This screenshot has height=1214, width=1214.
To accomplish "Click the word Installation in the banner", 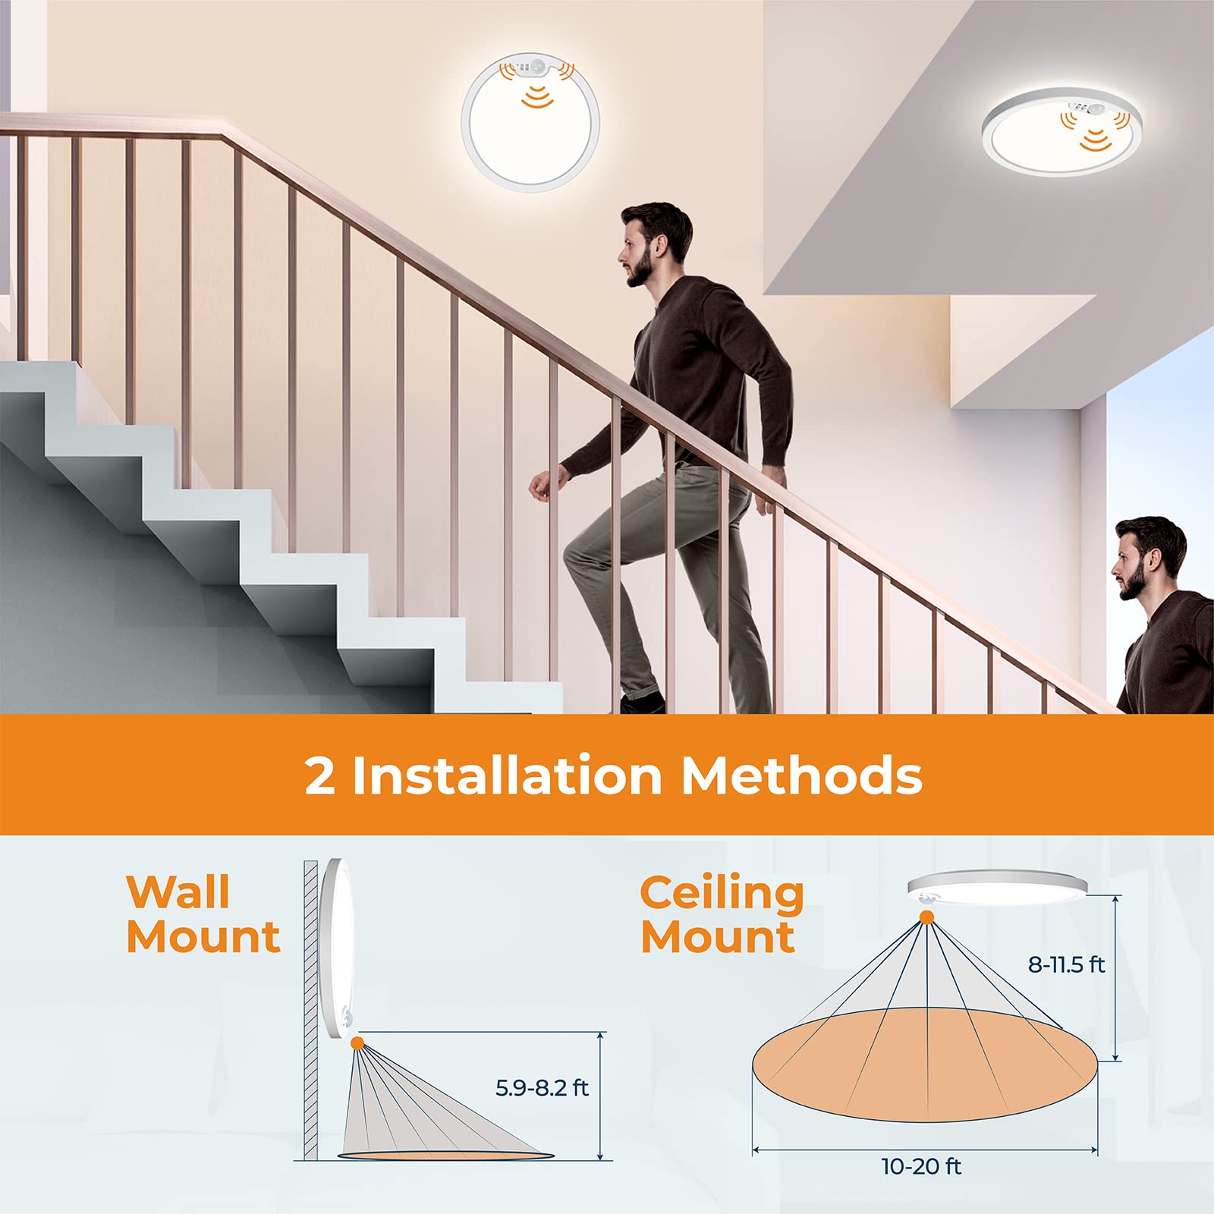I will (x=508, y=775).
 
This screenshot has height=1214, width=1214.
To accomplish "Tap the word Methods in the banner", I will (x=801, y=775).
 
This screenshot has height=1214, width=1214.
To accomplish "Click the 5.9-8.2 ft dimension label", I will (x=542, y=1088).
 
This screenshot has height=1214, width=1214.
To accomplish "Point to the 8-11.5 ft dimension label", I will (x=1066, y=964).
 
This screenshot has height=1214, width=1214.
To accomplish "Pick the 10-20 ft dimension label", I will (x=921, y=1166).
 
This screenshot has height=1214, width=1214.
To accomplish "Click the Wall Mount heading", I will (x=203, y=914).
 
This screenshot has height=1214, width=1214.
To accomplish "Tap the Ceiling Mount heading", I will (x=722, y=914).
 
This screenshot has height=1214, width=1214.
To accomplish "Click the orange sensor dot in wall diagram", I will (x=357, y=1043).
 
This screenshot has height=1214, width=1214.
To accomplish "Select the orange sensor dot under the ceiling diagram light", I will (x=926, y=918).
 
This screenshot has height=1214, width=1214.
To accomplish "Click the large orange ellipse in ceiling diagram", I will (x=924, y=1066).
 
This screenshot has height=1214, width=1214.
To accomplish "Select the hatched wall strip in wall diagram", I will (x=311, y=1009).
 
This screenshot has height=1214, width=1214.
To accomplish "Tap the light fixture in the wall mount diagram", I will (x=335, y=948).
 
